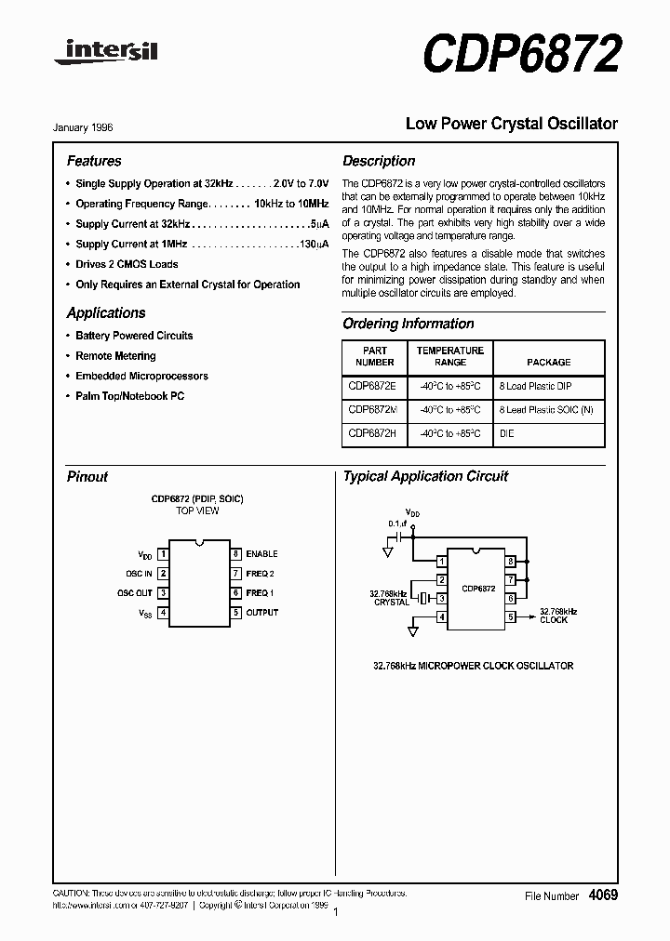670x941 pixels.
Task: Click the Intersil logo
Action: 105,53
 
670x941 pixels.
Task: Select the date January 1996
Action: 89,127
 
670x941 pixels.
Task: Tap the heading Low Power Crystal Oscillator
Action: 511,124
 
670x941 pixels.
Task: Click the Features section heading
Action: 94,161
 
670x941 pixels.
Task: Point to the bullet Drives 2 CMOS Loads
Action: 127,264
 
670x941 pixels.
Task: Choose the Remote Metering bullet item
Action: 115,356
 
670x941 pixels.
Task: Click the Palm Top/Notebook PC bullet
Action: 129,396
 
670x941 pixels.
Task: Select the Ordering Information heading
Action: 409,324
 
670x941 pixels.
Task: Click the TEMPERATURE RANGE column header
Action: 449,356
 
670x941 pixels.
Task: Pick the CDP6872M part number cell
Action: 373,409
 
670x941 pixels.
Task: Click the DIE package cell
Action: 506,433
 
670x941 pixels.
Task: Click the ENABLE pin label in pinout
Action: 261,554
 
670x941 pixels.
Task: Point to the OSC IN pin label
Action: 139,574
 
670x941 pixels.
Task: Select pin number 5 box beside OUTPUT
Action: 236,613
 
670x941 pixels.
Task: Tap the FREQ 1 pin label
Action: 260,593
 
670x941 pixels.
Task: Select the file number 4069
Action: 602,895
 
